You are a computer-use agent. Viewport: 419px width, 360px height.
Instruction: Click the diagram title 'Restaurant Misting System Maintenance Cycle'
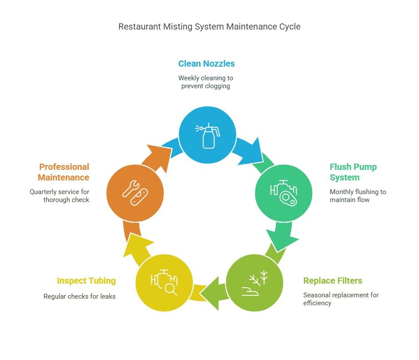pos(209,26)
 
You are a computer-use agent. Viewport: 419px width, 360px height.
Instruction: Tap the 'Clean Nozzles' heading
pos(206,64)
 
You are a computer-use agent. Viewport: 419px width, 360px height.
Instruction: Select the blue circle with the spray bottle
pos(207,134)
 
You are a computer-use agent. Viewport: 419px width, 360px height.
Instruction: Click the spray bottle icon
pos(208,135)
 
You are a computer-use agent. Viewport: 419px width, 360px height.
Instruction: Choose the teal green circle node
pos(283,193)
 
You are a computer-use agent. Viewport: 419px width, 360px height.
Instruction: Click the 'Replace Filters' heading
pos(332,281)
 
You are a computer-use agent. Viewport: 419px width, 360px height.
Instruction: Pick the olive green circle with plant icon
pos(254,282)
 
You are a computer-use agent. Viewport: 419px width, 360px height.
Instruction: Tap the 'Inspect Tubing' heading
pos(86,281)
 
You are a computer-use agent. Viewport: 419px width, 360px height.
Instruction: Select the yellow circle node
pos(164,282)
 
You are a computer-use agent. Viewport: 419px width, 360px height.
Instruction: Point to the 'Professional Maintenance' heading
pos(64,172)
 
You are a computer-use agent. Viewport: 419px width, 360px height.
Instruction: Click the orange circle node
pos(135,193)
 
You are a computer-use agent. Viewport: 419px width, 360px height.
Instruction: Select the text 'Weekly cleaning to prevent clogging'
pos(206,82)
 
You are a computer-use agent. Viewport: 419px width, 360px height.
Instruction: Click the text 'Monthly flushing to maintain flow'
pos(358,196)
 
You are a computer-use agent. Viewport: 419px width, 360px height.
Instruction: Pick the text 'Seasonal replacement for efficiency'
pos(340,299)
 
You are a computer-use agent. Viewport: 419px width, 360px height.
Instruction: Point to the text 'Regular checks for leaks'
pos(79,296)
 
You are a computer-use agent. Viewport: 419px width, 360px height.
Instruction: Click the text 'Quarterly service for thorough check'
pos(60,196)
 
